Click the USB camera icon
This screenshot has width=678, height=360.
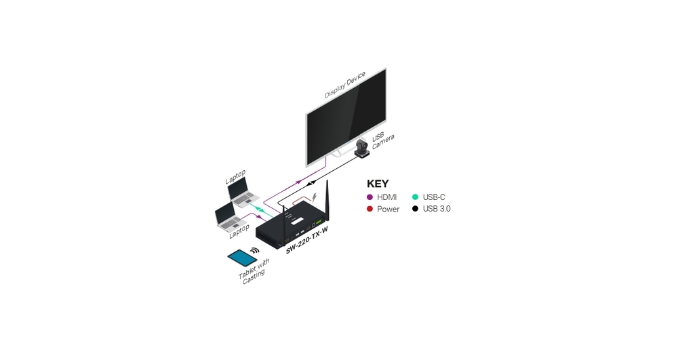(362, 148)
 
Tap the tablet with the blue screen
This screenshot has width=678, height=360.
(243, 258)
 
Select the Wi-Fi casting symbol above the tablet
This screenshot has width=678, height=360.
(255, 250)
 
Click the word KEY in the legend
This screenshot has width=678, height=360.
(378, 184)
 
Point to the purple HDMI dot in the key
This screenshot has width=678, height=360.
(370, 197)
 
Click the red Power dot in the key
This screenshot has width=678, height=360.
(370, 209)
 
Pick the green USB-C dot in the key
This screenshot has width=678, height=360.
(415, 197)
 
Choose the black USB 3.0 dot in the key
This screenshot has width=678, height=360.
(415, 209)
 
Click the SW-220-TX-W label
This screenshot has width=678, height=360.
(307, 240)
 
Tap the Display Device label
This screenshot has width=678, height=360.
(345, 85)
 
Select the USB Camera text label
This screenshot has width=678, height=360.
(382, 140)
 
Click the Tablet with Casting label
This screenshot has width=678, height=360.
(254, 271)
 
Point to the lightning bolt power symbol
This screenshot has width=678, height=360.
(315, 197)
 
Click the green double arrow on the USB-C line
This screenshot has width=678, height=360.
(259, 209)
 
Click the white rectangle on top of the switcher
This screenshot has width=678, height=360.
(298, 222)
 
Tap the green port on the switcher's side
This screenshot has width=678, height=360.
(319, 222)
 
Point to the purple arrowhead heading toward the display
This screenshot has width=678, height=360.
(298, 182)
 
